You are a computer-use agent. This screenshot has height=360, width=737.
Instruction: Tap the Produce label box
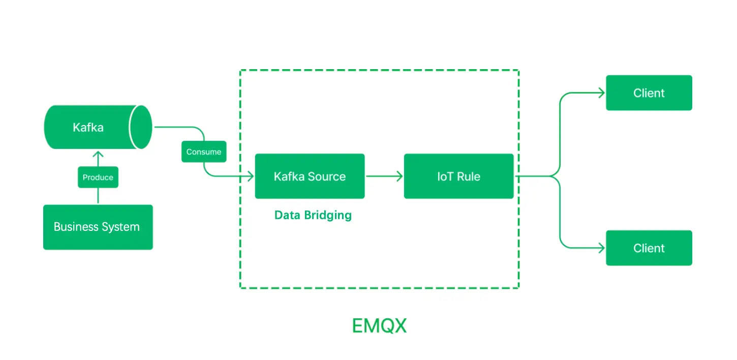[x=98, y=177]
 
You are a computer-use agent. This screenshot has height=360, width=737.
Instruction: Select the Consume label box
[x=204, y=152]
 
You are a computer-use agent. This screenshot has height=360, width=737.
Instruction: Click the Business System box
[x=98, y=227]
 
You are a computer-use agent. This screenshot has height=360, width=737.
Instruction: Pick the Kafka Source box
[x=310, y=176]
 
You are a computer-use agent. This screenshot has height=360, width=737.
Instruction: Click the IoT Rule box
[x=458, y=176]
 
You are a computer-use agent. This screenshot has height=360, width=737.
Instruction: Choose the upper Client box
[x=649, y=93]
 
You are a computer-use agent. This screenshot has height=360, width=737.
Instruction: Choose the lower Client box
[x=649, y=248]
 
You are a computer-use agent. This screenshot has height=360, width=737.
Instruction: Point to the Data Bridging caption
[x=313, y=215]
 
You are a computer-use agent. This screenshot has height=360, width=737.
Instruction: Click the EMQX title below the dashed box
[x=379, y=326]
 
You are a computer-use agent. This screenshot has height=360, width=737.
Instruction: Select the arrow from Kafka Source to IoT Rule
[x=384, y=176]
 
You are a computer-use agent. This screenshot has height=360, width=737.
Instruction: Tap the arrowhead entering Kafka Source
[x=250, y=176]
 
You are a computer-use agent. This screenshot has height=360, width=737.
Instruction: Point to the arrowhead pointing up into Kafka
[x=98, y=154]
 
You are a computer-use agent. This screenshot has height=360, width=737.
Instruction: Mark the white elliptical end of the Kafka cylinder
[x=140, y=127]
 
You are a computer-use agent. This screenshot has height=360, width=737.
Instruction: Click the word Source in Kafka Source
[x=327, y=176]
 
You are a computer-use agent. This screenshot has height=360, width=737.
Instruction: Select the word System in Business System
[x=121, y=227]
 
